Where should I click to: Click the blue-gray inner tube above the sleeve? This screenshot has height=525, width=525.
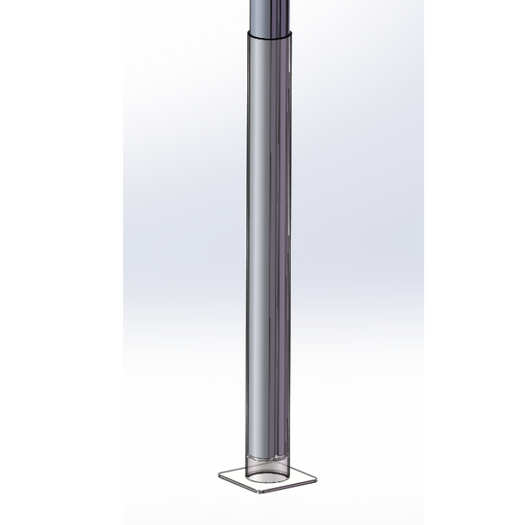tap(271, 13)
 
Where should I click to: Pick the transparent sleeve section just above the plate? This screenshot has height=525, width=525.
tap(268, 449)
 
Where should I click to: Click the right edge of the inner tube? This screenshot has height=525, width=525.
tap(292, 13)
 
